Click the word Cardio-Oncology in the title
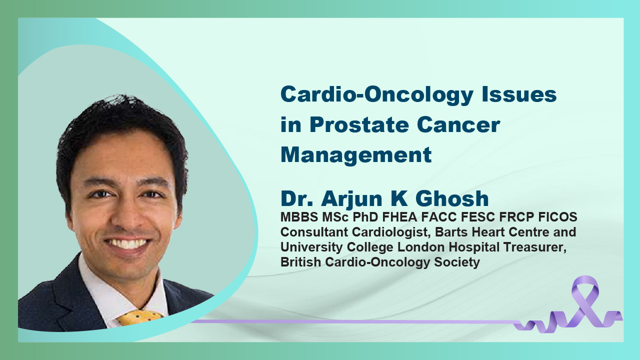[376, 95]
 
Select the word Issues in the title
[519, 94]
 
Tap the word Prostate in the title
[359, 124]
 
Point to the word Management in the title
[356, 155]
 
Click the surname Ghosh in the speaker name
[452, 198]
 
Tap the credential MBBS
[299, 217]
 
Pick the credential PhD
[365, 217]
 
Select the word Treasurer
[535, 247]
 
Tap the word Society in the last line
[457, 262]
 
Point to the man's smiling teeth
[127, 243]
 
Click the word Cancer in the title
[458, 124]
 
